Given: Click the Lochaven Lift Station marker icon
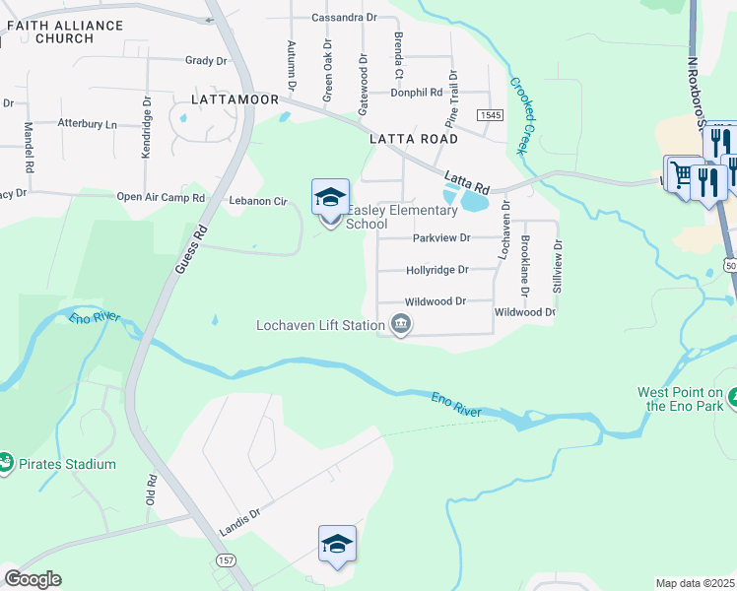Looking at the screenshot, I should [x=401, y=324].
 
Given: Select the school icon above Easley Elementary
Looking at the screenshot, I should [x=331, y=197].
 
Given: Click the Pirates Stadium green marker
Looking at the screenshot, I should [x=6, y=462].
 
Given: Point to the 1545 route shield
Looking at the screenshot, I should [x=490, y=116].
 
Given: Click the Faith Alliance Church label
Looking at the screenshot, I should [x=64, y=32].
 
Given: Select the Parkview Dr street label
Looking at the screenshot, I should [x=441, y=237].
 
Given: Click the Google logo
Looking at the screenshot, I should [x=33, y=579].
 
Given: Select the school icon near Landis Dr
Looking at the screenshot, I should [x=336, y=544].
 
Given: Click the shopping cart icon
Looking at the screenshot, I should [x=681, y=174].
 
